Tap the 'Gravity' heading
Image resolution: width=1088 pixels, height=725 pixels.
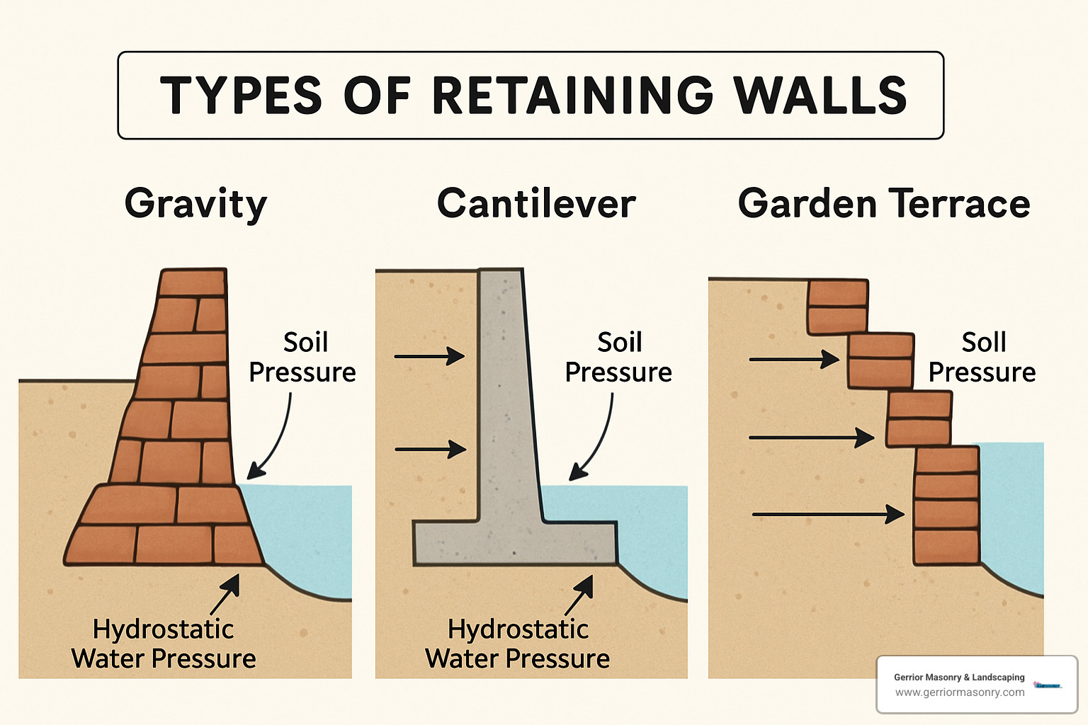click(195, 205)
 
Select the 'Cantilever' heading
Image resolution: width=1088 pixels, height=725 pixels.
click(536, 204)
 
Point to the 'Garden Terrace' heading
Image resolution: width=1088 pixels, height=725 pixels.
click(883, 204)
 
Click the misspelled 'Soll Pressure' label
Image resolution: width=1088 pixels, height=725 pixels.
click(982, 358)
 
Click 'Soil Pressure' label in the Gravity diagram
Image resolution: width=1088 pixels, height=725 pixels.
click(302, 358)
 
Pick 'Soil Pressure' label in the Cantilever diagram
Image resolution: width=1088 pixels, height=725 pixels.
click(618, 358)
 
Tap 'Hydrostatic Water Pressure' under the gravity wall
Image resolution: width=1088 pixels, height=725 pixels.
click(164, 644)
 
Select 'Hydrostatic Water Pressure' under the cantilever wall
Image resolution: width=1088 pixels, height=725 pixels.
click(518, 644)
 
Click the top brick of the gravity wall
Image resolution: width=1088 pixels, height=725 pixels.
click(192, 282)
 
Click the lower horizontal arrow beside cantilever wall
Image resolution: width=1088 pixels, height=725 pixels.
click(431, 449)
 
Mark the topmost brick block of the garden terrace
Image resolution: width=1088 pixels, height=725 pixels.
click(838, 307)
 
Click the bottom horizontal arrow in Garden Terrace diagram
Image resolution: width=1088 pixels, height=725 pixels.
click(828, 514)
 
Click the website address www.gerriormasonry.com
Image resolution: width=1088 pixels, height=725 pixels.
click(959, 692)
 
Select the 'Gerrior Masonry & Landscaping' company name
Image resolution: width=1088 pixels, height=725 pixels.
click(959, 677)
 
